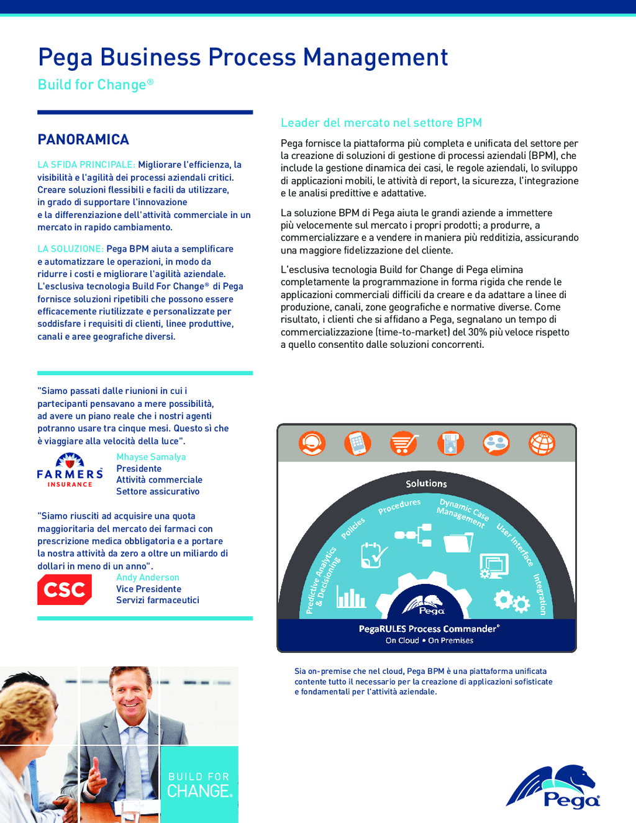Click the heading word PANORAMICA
click(x=83, y=140)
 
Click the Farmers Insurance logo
click(x=70, y=470)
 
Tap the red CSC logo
click(x=65, y=589)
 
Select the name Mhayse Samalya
click(x=151, y=457)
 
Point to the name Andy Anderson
click(x=148, y=578)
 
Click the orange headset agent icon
click(x=312, y=443)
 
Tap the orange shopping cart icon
click(x=404, y=443)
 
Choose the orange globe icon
click(x=542, y=443)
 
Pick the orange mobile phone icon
click(x=358, y=443)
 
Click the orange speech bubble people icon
click(x=496, y=443)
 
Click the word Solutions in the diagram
click(x=426, y=483)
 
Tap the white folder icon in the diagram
click(x=458, y=542)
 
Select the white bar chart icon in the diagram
click(x=351, y=598)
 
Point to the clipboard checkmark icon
click(x=374, y=555)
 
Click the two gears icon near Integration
click(x=511, y=600)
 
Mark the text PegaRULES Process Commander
click(x=429, y=629)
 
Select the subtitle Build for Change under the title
click(x=95, y=84)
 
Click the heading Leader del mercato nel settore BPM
click(x=381, y=123)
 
